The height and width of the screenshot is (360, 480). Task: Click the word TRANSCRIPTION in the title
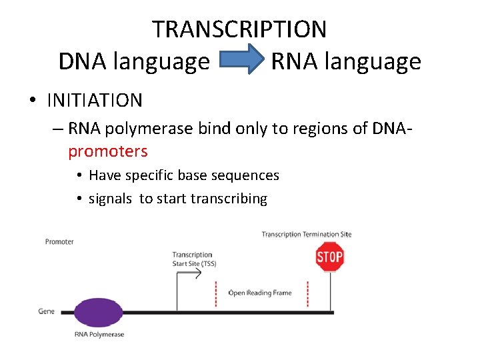pyautogui.click(x=239, y=29)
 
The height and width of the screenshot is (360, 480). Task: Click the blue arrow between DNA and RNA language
pyautogui.click(x=240, y=61)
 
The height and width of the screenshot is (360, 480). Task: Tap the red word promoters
pyautogui.click(x=107, y=151)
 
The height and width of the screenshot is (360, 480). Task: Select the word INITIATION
pyautogui.click(x=95, y=101)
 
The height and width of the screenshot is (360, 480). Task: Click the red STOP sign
pyautogui.click(x=329, y=257)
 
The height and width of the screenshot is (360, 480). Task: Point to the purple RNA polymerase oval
pyautogui.click(x=99, y=312)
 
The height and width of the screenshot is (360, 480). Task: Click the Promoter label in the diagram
pyautogui.click(x=59, y=241)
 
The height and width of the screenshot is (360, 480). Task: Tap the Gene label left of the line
pyautogui.click(x=46, y=311)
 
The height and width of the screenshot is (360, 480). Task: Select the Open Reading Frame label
pyautogui.click(x=260, y=293)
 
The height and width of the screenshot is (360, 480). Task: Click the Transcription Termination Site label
pyautogui.click(x=306, y=234)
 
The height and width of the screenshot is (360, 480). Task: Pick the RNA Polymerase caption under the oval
pyautogui.click(x=99, y=334)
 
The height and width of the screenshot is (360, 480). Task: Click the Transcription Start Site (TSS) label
pyautogui.click(x=193, y=259)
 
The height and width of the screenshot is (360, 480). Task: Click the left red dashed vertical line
pyautogui.click(x=216, y=293)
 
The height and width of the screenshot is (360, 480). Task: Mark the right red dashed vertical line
pyautogui.click(x=307, y=293)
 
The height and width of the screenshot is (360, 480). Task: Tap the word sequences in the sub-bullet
pyautogui.click(x=246, y=175)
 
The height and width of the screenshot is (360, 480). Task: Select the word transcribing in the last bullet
pyautogui.click(x=229, y=198)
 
